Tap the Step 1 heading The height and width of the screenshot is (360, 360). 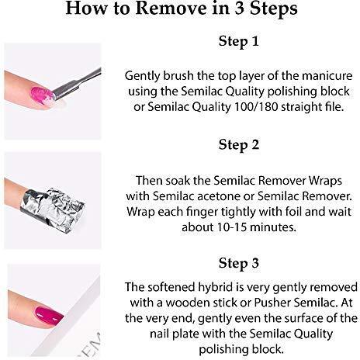238,41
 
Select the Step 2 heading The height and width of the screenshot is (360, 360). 239,145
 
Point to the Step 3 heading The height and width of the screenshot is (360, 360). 239,263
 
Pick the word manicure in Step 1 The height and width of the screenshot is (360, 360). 327,76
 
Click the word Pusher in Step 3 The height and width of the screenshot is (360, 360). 272,303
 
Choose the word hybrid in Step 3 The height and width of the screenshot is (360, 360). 215,288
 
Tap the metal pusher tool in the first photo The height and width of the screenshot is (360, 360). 77,84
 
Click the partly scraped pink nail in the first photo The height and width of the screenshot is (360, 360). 43,95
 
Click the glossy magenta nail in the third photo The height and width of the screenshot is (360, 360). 49,315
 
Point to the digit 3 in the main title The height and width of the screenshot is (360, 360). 240,9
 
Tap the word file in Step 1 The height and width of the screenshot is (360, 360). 334,107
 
